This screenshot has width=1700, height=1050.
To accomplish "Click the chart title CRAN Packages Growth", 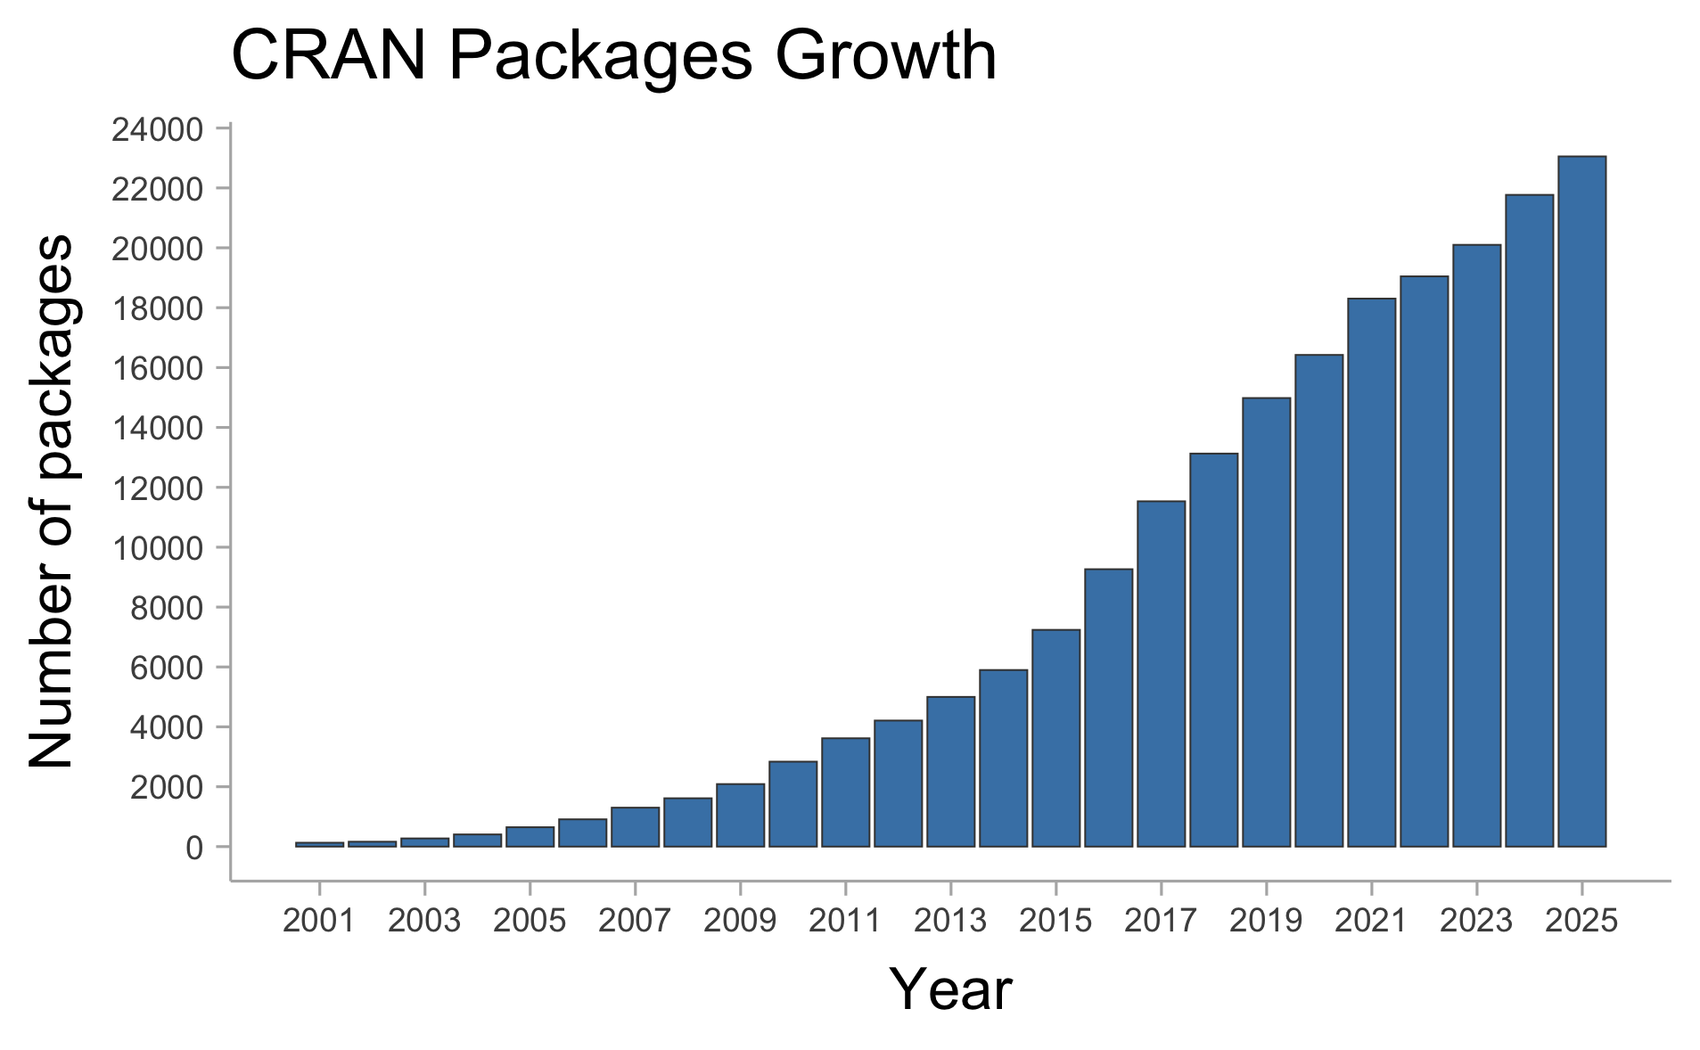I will tap(613, 57).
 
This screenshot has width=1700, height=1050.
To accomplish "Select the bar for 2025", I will tap(1581, 501).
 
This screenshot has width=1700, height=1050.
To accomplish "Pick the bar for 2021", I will tap(1371, 572).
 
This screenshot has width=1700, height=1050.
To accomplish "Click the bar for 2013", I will tap(950, 771).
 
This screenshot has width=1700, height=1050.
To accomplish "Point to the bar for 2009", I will tap(740, 815).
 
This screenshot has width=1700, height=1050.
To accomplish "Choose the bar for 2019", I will tap(1266, 622).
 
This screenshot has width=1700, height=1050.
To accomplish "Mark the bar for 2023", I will tap(1476, 546).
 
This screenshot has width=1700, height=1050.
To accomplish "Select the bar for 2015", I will tap(1055, 738).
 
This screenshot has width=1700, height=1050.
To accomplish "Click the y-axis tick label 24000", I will tap(158, 130).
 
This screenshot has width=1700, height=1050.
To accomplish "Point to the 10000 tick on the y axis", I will tap(158, 548).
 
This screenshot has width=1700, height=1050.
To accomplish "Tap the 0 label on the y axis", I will tap(194, 848).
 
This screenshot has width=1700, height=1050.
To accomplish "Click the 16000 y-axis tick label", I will tap(158, 369).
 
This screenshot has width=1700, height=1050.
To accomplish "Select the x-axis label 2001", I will tap(319, 921).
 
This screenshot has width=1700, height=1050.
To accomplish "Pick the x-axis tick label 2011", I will tap(845, 921).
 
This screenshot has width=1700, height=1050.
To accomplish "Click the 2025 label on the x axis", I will tap(1581, 921).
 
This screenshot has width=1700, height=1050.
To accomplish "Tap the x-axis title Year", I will tap(950, 989).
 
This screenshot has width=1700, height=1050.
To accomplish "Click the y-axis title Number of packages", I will tap(52, 501).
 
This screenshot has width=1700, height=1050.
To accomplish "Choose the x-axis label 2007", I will tap(635, 921).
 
